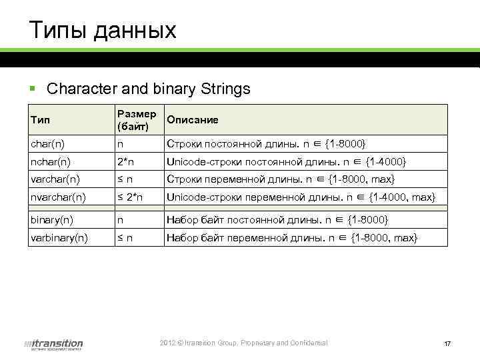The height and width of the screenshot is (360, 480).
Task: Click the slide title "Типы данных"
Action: click(103, 30)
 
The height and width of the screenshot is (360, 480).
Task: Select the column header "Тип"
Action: click(39, 120)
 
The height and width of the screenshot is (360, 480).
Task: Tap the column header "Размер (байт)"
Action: click(136, 120)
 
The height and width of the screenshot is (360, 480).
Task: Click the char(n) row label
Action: click(47, 144)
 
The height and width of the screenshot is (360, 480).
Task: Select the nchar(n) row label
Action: click(51, 162)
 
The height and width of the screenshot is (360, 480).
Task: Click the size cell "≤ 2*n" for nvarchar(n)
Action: click(131, 197)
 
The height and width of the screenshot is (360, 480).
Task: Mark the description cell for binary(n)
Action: click(277, 219)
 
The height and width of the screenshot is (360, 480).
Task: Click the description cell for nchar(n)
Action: click(286, 162)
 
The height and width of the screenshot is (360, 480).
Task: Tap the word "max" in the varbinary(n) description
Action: click(404, 237)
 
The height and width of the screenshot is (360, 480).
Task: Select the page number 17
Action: click(447, 344)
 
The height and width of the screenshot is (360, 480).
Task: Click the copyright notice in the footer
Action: click(244, 343)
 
